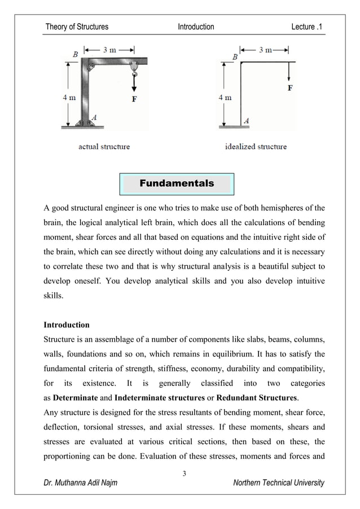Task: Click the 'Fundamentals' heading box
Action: (x=177, y=183)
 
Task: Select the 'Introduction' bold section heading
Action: (x=66, y=325)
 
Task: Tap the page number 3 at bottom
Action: (x=184, y=473)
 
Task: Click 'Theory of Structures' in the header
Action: (x=77, y=27)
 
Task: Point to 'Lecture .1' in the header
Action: (x=306, y=27)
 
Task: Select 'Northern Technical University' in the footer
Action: (x=279, y=482)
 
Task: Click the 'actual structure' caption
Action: (x=104, y=147)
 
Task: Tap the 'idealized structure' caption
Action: (x=256, y=147)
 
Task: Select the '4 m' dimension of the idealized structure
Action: (x=225, y=97)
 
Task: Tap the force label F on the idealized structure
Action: (x=291, y=89)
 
